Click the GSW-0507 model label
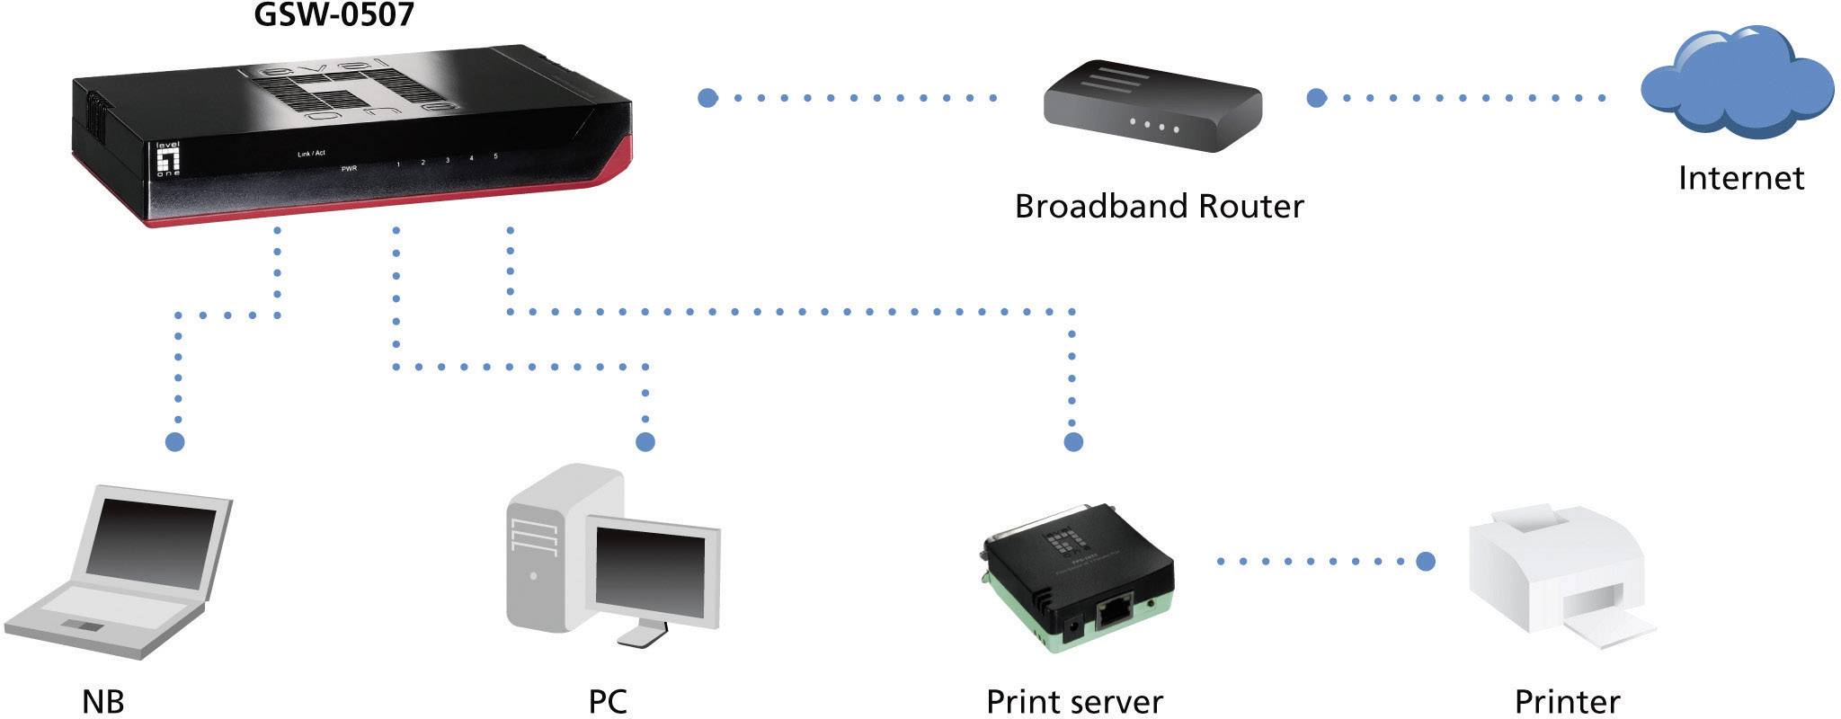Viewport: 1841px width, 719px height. (x=334, y=15)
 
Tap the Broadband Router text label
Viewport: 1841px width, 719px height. (x=1159, y=207)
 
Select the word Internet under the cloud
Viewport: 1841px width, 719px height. (x=1740, y=178)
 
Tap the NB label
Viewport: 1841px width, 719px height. (x=102, y=702)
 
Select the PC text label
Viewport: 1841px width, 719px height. (x=608, y=702)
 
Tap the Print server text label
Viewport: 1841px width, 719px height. (x=1074, y=702)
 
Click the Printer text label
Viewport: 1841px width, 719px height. (x=1567, y=702)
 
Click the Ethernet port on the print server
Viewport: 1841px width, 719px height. (x=1116, y=612)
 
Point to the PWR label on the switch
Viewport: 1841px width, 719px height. (x=349, y=168)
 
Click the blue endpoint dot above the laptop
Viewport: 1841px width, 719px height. (x=175, y=441)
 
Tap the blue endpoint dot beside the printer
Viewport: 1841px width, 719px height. (x=1425, y=562)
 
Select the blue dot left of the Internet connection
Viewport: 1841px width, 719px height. (x=1316, y=98)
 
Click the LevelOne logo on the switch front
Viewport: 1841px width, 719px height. (x=168, y=159)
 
